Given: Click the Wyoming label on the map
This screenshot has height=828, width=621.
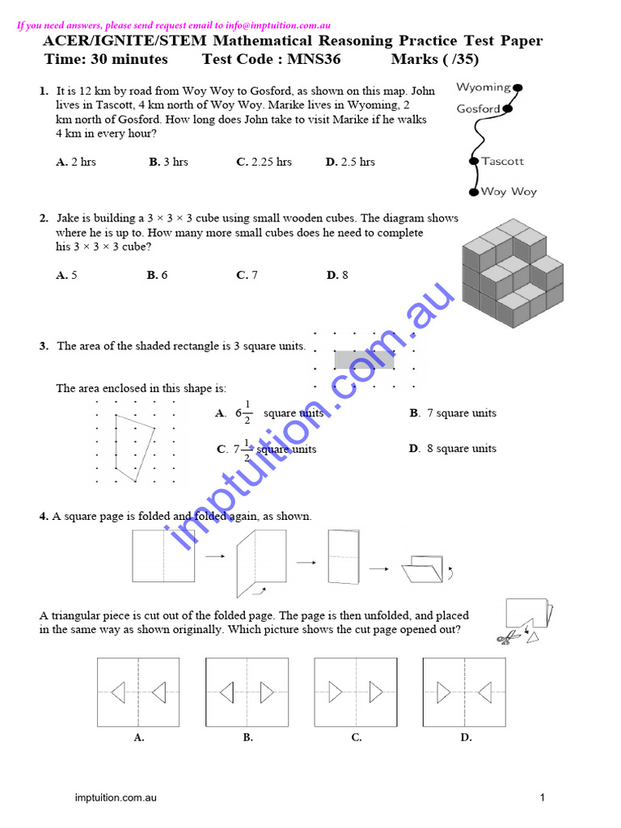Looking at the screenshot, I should point(483,87).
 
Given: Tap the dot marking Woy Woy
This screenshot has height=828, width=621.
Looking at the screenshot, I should point(474,192).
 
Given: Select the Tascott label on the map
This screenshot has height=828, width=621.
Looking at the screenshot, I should point(502,161).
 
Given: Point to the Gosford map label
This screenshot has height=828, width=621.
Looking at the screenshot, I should point(478,109).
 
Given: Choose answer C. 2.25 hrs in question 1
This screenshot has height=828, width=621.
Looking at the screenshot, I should point(264,162).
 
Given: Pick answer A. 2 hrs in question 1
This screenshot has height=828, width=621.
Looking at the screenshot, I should point(76,162).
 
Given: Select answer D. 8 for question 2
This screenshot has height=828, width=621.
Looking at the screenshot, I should point(337,275).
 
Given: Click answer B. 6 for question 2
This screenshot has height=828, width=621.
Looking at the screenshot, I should point(157,275).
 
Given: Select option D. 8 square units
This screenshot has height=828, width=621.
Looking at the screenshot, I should point(453,449).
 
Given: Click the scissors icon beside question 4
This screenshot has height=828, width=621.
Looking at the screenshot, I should point(506,639).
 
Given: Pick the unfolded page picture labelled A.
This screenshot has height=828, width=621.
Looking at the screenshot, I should point(138,692).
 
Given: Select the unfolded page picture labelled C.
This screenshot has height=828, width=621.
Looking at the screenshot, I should point(356,692).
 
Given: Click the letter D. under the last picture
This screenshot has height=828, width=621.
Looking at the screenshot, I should point(466,737).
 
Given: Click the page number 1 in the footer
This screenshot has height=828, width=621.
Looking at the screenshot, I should point(543,798).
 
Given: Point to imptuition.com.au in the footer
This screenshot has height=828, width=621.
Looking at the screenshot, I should point(116,798).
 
